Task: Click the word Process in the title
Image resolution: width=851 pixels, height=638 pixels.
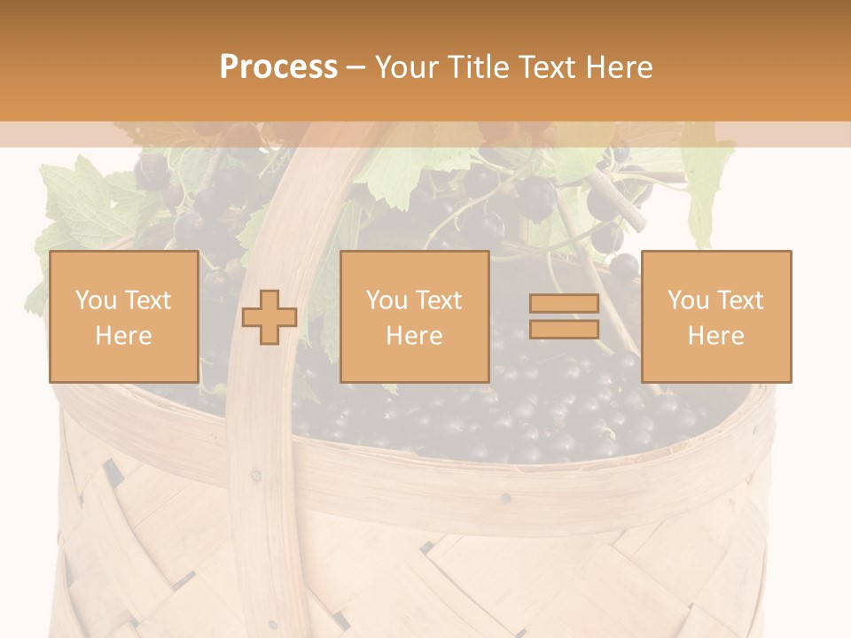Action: [x=278, y=67]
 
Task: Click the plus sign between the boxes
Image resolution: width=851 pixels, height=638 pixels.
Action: [x=269, y=317]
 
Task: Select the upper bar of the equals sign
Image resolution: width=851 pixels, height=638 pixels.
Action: [x=564, y=304]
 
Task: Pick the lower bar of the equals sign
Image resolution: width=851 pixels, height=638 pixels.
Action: [x=564, y=330]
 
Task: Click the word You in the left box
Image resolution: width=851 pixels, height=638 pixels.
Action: [x=95, y=300]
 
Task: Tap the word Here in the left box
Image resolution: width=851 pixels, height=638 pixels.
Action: [x=123, y=336]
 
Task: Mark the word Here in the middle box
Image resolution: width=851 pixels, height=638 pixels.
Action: [x=414, y=336]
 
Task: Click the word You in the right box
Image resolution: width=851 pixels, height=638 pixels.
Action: [x=688, y=300]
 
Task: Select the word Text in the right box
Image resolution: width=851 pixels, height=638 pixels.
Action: [x=738, y=300]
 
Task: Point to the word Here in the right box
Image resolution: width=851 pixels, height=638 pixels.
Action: [x=715, y=336]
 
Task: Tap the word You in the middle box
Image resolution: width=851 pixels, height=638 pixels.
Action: [x=386, y=300]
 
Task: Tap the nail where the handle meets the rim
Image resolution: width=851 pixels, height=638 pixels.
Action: [x=256, y=476]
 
